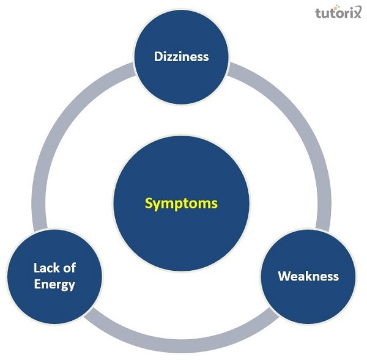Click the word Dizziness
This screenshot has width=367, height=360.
[x=181, y=57]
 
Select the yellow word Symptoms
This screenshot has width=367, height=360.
[x=182, y=204]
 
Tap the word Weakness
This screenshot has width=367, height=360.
[x=308, y=276]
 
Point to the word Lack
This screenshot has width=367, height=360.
[x=45, y=268]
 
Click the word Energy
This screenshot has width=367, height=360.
[x=54, y=285]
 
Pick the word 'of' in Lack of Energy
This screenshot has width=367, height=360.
[x=69, y=268]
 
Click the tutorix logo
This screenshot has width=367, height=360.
[x=338, y=12]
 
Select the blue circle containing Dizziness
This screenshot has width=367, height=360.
[x=182, y=57]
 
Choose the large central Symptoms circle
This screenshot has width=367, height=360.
[x=182, y=204]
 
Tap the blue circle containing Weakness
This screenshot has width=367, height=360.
[x=308, y=277]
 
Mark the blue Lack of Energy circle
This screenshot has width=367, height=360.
[x=54, y=277]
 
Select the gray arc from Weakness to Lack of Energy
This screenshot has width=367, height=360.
[x=182, y=346]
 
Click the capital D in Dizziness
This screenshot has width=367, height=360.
[x=158, y=57]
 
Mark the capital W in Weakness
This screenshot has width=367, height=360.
[x=285, y=276]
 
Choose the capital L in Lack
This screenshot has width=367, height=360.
[x=37, y=268]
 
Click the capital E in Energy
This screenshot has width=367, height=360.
[x=37, y=284]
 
